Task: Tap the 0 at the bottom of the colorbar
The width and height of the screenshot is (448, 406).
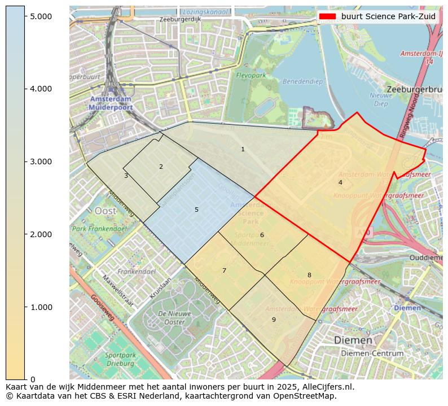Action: (33, 379)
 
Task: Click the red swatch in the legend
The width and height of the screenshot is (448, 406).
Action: (327, 16)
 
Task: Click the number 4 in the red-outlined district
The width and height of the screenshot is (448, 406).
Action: (340, 182)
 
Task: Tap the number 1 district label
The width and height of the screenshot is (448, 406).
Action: (243, 149)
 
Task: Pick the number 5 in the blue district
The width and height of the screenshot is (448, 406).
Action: (196, 209)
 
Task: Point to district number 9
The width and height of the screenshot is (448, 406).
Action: (274, 320)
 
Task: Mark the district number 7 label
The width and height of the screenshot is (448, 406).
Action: (224, 270)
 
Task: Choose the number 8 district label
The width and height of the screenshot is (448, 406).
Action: (309, 275)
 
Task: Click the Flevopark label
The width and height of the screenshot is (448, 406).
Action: (251, 75)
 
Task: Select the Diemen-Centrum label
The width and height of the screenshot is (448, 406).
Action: (372, 353)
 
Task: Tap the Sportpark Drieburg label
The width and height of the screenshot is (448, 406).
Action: (120, 360)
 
